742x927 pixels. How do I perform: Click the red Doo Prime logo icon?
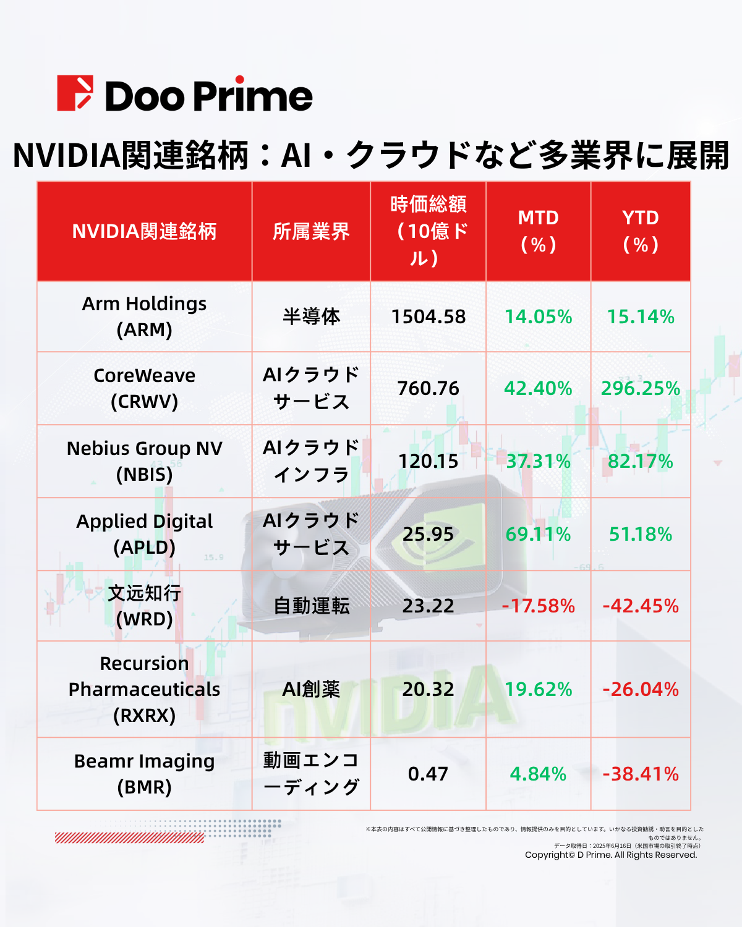[75, 93]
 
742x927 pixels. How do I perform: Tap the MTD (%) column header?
[538, 231]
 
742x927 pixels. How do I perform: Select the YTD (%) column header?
[641, 231]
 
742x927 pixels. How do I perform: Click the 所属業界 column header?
[311, 232]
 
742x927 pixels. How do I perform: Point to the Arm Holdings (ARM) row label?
[144, 316]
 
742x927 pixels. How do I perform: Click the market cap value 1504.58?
[428, 317]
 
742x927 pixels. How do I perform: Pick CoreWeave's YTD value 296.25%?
[641, 389]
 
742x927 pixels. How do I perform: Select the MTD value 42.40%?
[538, 389]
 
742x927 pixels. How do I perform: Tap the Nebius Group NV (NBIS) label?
[144, 461]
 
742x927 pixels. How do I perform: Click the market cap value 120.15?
[428, 462]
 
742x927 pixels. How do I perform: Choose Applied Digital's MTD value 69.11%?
[538, 535]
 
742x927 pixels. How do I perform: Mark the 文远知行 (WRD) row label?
[144, 606]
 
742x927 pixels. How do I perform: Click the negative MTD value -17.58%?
[538, 606]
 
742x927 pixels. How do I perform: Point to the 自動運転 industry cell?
[311, 606]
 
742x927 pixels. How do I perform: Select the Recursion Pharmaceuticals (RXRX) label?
[144, 689]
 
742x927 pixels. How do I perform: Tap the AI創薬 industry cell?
[311, 689]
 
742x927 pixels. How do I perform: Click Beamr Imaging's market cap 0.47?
[428, 774]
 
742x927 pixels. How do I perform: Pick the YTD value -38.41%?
[641, 774]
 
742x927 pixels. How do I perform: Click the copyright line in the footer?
[611, 855]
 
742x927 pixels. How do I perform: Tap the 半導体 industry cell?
[311, 317]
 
